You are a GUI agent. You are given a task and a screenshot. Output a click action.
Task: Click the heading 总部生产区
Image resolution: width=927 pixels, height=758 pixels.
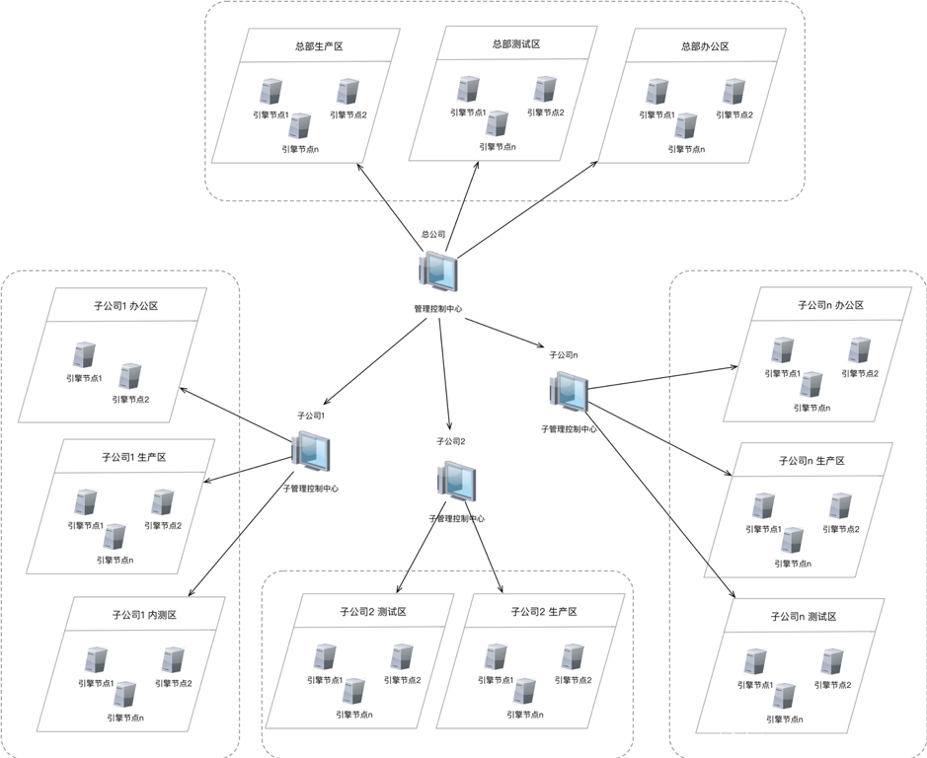(318, 45)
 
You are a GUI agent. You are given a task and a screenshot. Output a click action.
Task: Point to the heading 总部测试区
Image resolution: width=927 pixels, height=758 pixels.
(515, 43)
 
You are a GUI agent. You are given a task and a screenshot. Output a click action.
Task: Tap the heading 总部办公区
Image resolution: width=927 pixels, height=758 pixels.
(705, 45)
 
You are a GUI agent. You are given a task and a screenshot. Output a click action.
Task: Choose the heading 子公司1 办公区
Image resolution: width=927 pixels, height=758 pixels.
(125, 306)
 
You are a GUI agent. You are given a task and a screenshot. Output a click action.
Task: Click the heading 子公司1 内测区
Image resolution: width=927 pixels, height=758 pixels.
(144, 615)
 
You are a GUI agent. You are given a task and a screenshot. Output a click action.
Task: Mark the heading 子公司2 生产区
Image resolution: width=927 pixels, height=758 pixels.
(543, 612)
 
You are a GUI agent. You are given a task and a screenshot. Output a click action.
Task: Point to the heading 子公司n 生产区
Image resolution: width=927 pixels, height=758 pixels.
(811, 461)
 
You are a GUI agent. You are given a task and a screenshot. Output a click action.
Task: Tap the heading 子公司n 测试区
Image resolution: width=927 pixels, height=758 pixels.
(804, 616)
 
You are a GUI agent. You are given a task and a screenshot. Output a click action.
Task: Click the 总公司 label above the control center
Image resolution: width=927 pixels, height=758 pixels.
(433, 235)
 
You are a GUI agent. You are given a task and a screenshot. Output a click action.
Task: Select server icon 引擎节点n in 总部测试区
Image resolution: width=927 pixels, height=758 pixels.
(498, 123)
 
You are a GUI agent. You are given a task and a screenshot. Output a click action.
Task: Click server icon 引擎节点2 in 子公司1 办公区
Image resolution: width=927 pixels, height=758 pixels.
(130, 376)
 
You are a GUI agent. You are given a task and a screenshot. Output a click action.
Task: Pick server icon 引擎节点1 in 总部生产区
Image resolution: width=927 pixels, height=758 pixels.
(270, 92)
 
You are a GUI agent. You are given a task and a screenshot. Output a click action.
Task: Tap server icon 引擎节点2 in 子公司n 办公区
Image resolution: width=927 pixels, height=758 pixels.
(859, 349)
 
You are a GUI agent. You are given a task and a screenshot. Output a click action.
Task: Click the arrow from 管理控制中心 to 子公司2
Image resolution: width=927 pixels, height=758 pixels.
(445, 375)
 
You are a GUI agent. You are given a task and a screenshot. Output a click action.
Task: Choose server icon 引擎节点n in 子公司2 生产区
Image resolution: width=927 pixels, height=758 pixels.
(524, 691)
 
